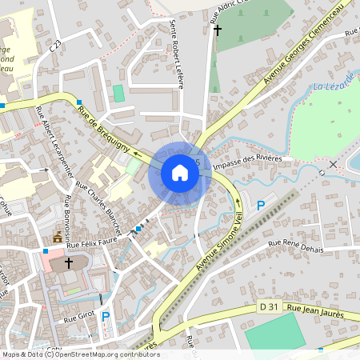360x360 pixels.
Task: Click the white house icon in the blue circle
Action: tap(180, 172)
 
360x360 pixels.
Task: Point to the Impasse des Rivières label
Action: tap(247, 160)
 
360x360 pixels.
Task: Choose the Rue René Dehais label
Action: tap(295, 246)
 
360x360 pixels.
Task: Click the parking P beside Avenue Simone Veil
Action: tap(260, 206)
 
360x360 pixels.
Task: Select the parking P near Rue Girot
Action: tap(106, 317)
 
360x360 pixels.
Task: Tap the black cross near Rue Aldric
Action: tap(215, 30)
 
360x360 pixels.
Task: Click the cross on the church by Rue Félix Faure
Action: tap(68, 262)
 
